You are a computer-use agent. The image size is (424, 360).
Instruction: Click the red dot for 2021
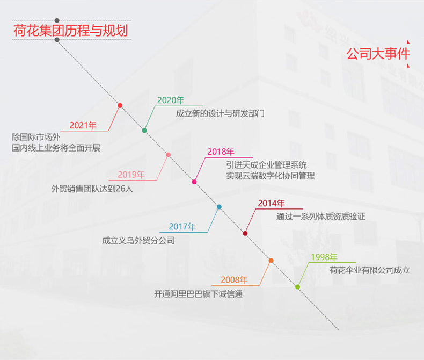tap(120, 105)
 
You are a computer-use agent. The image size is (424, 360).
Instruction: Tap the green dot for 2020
tap(144, 131)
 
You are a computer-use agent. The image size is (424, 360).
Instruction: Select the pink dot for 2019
tap(169, 155)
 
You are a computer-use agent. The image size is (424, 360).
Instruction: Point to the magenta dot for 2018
tap(194, 182)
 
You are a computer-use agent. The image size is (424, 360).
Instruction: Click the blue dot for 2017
tap(219, 207)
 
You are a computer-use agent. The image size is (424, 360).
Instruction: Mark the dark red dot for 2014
tap(245, 233)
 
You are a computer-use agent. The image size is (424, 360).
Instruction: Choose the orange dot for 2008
tap(271, 261)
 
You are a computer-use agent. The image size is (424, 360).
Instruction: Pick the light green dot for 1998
tap(297, 287)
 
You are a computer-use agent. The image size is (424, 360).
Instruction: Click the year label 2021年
tap(83, 125)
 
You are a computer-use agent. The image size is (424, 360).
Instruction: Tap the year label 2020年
tap(171, 100)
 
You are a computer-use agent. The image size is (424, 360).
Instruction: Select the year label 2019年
tap(131, 175)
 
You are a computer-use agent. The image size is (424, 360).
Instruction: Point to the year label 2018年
tap(221, 152)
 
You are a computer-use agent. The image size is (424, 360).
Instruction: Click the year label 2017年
tap(182, 227)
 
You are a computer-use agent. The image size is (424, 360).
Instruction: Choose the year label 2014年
tap(271, 203)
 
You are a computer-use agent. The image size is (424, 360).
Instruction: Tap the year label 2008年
tap(234, 279)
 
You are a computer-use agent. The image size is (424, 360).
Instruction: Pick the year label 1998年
tap(324, 257)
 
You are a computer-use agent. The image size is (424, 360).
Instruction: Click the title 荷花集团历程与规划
tap(70, 30)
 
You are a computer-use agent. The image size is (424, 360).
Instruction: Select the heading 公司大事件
tap(378, 54)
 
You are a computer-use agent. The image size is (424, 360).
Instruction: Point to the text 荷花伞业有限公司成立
tap(370, 270)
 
